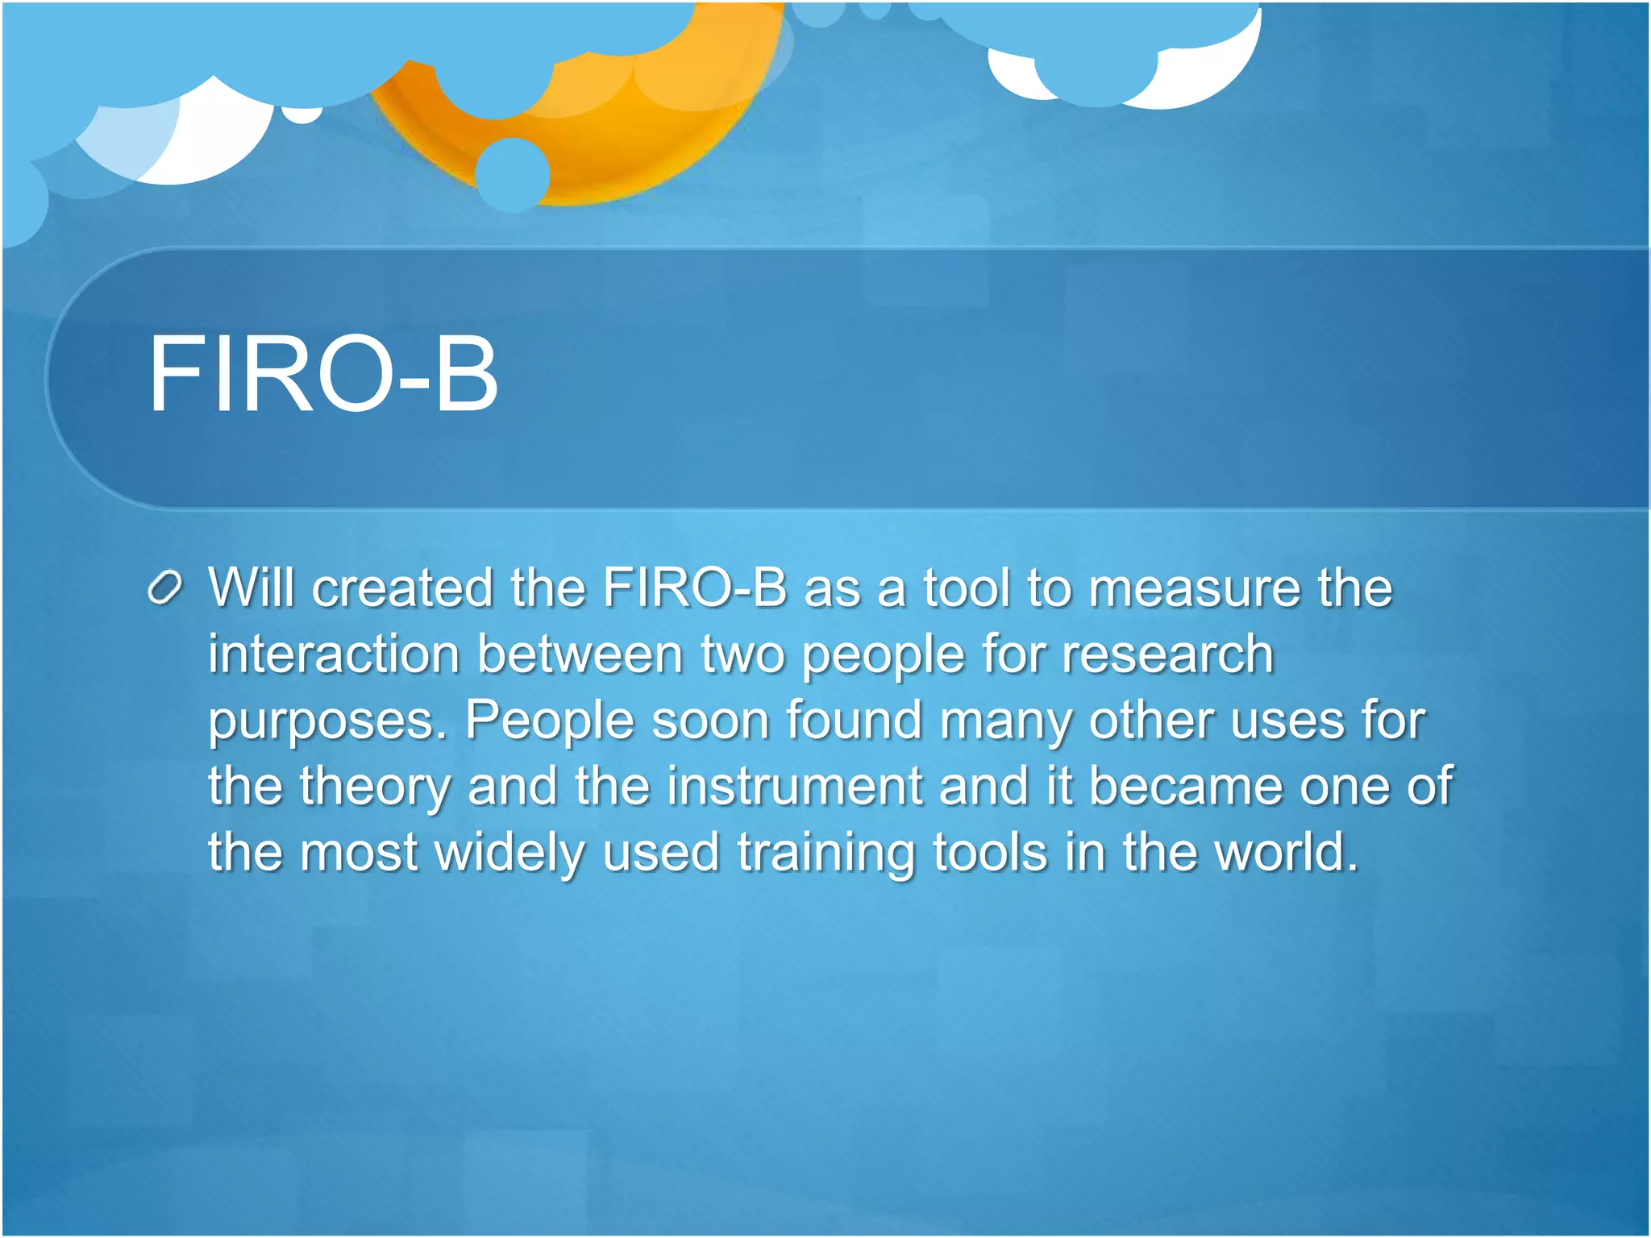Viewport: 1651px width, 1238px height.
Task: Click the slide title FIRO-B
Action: tap(322, 376)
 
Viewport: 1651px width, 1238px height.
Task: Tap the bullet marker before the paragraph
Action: tap(166, 588)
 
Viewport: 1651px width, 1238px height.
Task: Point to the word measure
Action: tap(1194, 588)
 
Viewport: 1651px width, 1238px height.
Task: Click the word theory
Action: tap(375, 787)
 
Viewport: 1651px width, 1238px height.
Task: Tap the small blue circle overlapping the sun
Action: tap(512, 174)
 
